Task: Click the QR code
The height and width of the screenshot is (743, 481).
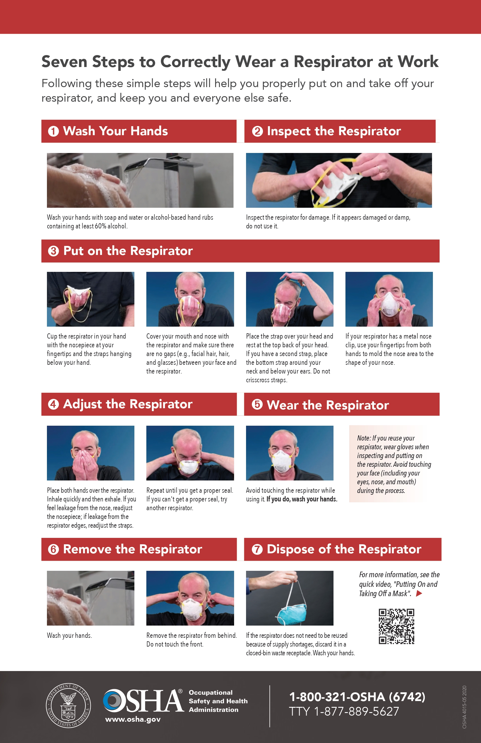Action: point(396,626)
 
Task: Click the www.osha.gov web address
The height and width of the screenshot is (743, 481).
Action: point(133,719)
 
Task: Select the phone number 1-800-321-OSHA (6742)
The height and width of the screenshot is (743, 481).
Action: point(357,697)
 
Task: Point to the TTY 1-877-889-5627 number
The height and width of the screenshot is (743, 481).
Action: point(344,712)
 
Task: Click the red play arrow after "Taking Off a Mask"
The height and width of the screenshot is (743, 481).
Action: point(419,594)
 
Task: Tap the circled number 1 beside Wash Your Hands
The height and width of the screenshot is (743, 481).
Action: point(53,131)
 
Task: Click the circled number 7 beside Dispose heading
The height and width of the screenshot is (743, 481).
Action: point(257,549)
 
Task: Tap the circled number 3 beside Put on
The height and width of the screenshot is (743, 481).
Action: point(53,251)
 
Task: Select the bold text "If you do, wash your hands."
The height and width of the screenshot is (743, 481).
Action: point(302,499)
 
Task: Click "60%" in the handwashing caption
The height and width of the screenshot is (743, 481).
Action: point(101,226)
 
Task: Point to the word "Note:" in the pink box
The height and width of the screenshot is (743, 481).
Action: point(364,438)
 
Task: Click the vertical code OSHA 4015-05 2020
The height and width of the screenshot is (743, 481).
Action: point(464,707)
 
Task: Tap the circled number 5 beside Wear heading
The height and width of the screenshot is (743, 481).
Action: point(257,405)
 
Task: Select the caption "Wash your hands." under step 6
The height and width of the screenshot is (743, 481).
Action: point(69,635)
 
